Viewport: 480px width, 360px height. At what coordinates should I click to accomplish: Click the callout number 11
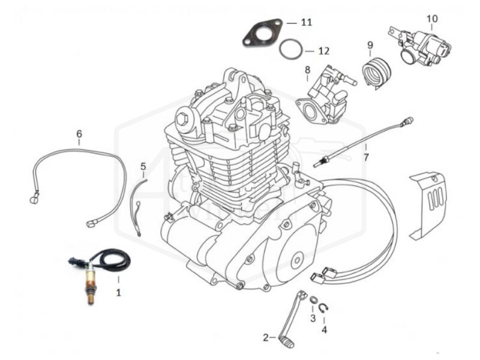(307, 23)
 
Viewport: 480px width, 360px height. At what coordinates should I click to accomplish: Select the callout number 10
(432, 19)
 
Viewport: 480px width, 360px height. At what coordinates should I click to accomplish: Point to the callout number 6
(79, 134)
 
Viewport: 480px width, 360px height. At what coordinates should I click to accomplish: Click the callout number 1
(118, 293)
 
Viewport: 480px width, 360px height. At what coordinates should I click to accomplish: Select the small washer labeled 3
(313, 300)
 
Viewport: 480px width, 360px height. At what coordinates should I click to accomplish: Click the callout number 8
(307, 70)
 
